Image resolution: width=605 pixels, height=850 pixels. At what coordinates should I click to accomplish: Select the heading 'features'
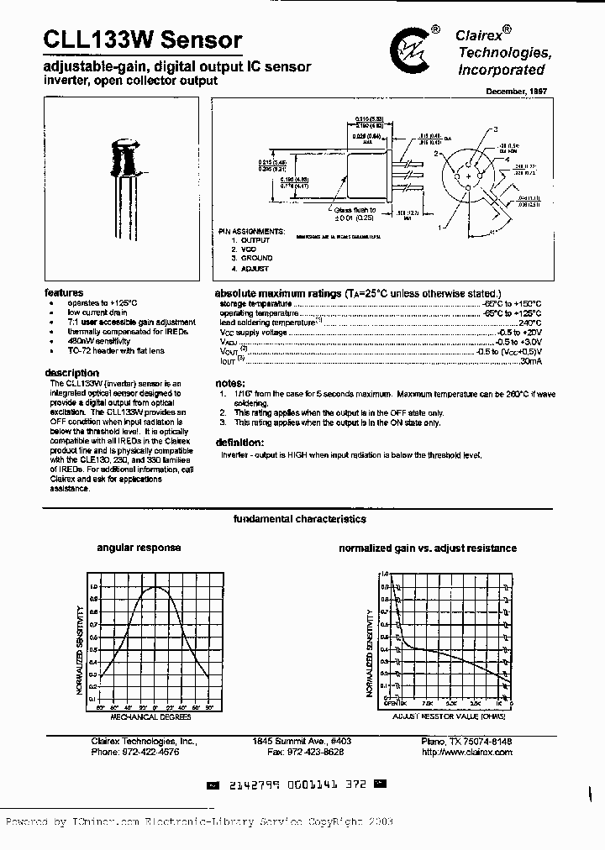[x=64, y=292]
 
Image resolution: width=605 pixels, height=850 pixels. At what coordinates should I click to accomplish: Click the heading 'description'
[x=73, y=373]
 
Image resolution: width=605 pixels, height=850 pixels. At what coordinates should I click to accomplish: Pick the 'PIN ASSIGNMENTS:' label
[x=252, y=230]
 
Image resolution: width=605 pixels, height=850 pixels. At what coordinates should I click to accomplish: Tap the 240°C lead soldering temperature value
[x=529, y=322]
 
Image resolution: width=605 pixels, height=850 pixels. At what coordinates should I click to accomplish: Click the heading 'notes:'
[x=229, y=383]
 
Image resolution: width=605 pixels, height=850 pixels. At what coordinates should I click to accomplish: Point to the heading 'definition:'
[x=239, y=443]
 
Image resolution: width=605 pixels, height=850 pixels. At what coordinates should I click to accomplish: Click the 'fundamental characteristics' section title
[x=299, y=519]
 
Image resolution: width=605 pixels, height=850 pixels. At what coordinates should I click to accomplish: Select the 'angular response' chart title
[x=139, y=548]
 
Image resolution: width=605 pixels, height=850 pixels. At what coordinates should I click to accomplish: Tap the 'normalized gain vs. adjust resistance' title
[x=427, y=548]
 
